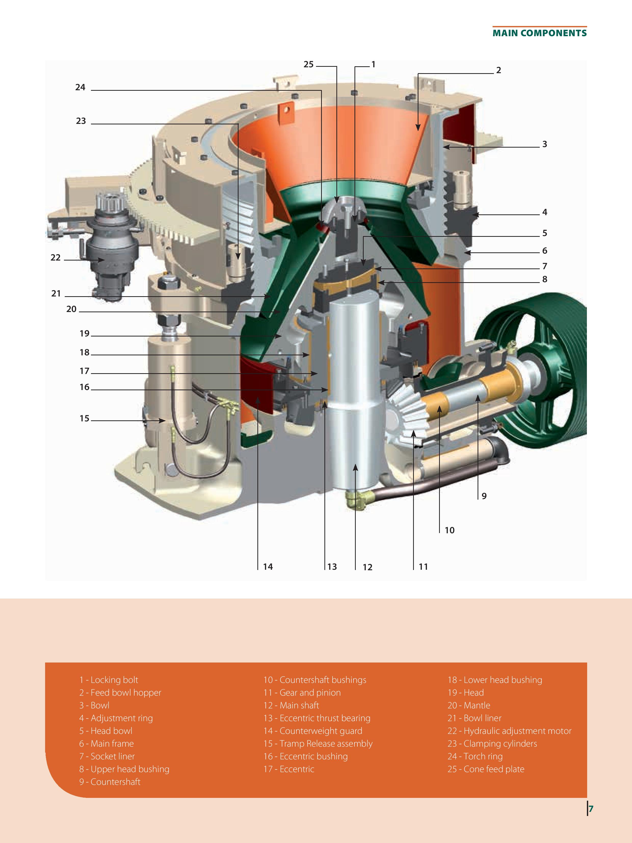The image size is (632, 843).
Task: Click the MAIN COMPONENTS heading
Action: (539, 33)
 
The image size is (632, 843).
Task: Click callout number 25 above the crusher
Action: (308, 64)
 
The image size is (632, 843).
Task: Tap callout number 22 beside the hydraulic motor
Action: (56, 258)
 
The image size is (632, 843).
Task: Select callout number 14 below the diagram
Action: (268, 567)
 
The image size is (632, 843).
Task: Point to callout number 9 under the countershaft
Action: (484, 496)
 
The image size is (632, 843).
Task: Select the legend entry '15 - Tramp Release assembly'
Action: (318, 744)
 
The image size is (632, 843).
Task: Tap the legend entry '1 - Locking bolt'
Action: (109, 680)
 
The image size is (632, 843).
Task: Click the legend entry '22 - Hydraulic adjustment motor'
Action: (509, 731)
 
